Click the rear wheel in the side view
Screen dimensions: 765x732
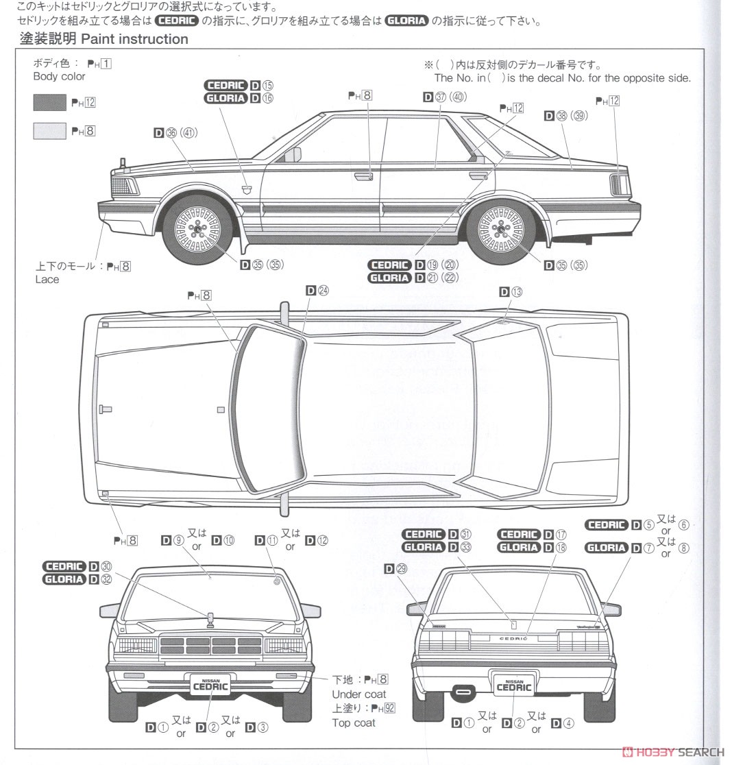[503, 226]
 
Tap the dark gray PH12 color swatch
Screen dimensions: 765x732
[49, 103]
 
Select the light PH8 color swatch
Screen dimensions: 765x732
[49, 131]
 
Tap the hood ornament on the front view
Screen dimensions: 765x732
[210, 618]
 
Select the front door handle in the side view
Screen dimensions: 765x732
[363, 177]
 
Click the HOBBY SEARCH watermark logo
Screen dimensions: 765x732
[672, 752]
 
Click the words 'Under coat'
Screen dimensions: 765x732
[358, 694]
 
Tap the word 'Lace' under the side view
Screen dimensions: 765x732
[47, 280]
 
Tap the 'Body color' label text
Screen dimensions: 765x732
[59, 77]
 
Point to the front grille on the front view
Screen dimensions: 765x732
[210, 645]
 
